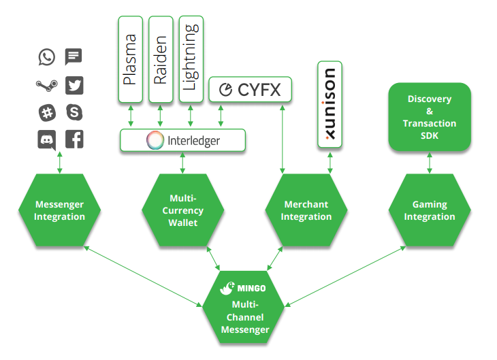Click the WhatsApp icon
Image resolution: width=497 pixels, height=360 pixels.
tap(46, 57)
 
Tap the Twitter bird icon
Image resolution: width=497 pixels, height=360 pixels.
tap(74, 85)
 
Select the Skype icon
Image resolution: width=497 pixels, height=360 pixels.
tap(74, 112)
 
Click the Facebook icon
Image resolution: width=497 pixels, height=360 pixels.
tap(74, 139)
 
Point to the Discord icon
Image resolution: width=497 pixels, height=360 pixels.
tap(47, 140)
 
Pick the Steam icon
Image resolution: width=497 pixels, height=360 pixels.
tap(46, 85)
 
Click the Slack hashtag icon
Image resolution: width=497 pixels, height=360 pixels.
tap(47, 113)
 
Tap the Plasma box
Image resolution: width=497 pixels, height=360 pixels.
tap(130, 59)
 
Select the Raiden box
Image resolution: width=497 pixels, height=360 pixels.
tap(161, 59)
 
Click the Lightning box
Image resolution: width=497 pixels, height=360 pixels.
tap(191, 59)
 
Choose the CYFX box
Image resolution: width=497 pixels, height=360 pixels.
tap(250, 89)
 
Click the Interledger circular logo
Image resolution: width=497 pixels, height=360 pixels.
tap(155, 140)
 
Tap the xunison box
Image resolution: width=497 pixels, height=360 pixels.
tap(330, 104)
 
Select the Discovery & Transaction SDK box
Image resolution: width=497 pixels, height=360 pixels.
tap(430, 117)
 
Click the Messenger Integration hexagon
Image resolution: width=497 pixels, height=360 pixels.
tap(60, 210)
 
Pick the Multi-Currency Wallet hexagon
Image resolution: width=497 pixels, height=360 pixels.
tap(183, 210)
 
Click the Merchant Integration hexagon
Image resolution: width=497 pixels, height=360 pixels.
tap(306, 210)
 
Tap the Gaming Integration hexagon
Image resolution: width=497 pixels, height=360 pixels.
tap(430, 210)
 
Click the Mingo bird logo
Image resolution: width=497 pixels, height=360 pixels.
tap(227, 288)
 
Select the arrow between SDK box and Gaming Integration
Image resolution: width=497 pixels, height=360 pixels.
tap(430, 163)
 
